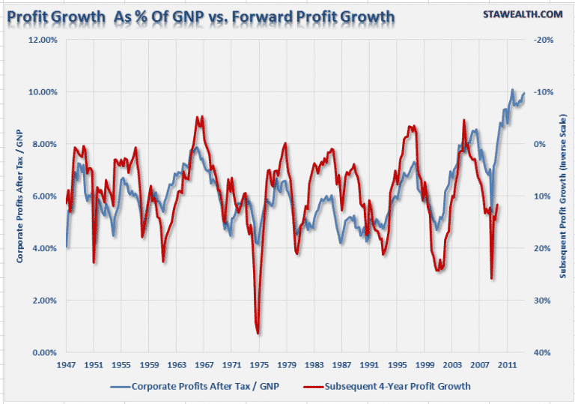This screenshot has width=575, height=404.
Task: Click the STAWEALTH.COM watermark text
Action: [x=521, y=13]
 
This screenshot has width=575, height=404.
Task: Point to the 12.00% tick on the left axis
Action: [x=41, y=40]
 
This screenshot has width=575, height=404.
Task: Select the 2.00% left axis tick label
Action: [x=43, y=301]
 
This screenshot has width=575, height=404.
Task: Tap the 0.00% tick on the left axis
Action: [x=43, y=352]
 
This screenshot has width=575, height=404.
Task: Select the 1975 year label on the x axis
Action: [x=259, y=366]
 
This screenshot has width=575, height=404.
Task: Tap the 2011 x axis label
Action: [x=507, y=366]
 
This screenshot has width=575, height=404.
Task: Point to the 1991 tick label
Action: [x=369, y=366]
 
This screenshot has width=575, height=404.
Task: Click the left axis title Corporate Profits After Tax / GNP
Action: [x=18, y=196]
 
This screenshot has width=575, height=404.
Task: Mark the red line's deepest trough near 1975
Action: [x=258, y=333]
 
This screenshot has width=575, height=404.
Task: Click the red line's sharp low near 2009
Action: [x=492, y=279]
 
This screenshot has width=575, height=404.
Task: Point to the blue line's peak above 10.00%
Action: [x=512, y=90]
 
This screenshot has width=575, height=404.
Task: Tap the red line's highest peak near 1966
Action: [x=197, y=117]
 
